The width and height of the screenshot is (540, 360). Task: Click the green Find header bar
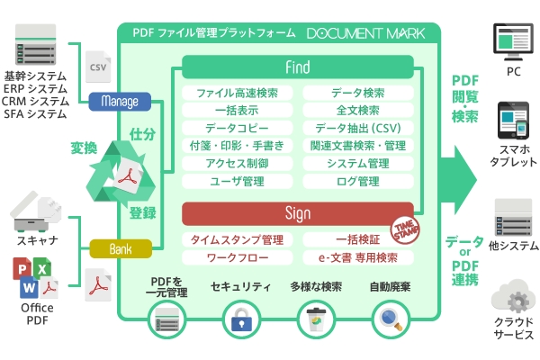[297, 67]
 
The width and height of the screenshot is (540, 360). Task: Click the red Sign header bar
[297, 213]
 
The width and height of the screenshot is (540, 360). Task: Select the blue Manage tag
[120, 100]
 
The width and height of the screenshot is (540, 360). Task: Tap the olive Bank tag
[120, 247]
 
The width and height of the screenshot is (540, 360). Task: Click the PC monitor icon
[513, 41]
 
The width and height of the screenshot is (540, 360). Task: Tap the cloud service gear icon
[516, 296]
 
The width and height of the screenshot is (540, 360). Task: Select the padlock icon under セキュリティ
[240, 320]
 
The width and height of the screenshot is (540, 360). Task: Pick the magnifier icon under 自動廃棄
[388, 319]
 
